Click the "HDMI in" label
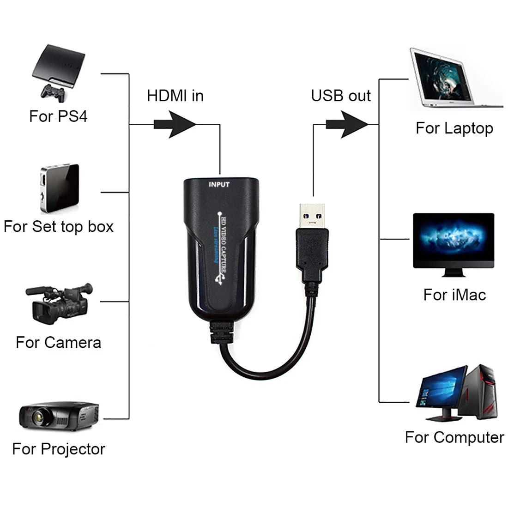pyautogui.click(x=175, y=96)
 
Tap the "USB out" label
pyautogui.click(x=340, y=96)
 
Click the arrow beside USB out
pyautogui.click(x=346, y=124)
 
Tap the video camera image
pyautogui.click(x=59, y=302)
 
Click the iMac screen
pyautogui.click(x=453, y=240)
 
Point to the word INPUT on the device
pyautogui.click(x=219, y=185)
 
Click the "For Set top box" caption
pyautogui.click(x=59, y=227)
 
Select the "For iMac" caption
pyautogui.click(x=454, y=295)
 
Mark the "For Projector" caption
pyautogui.click(x=59, y=449)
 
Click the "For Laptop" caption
pyautogui.click(x=454, y=128)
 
